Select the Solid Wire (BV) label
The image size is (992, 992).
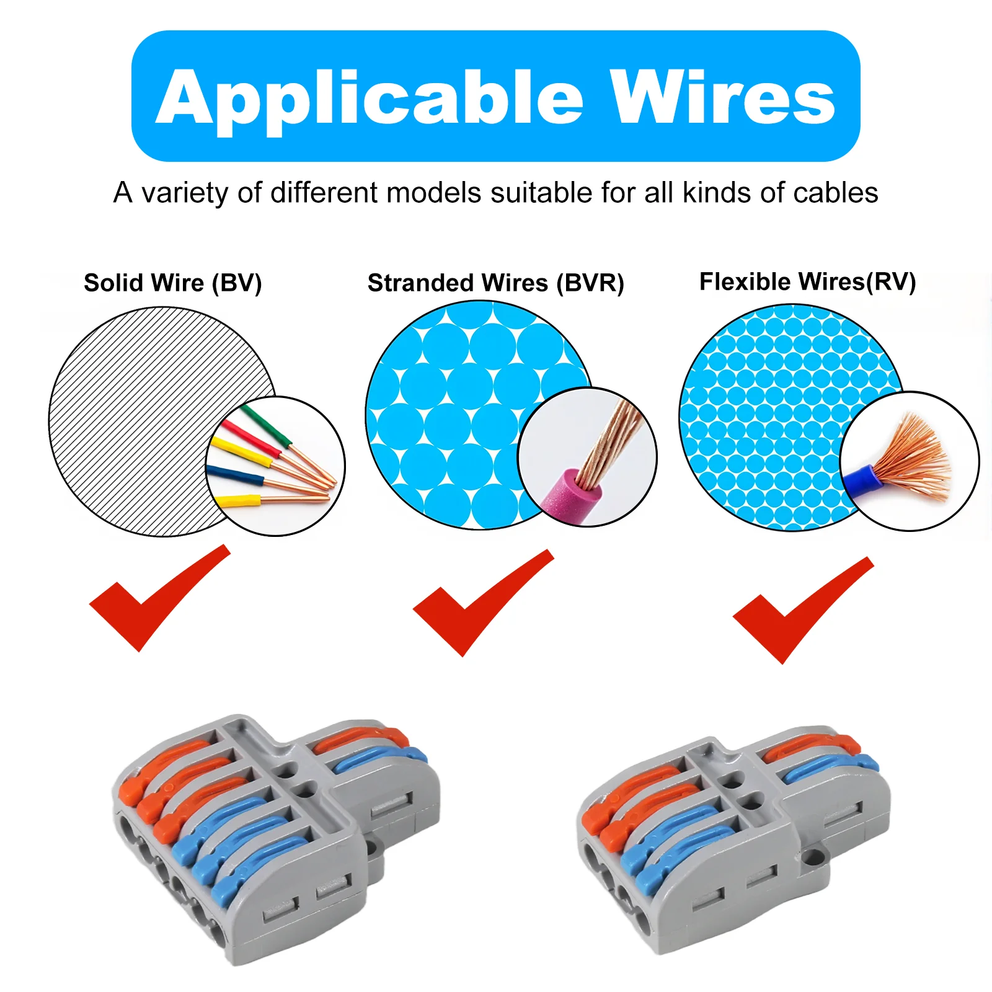click(173, 283)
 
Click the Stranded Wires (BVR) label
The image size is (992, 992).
click(495, 283)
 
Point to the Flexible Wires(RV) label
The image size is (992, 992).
click(807, 281)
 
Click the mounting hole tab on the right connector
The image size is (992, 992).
click(812, 858)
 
